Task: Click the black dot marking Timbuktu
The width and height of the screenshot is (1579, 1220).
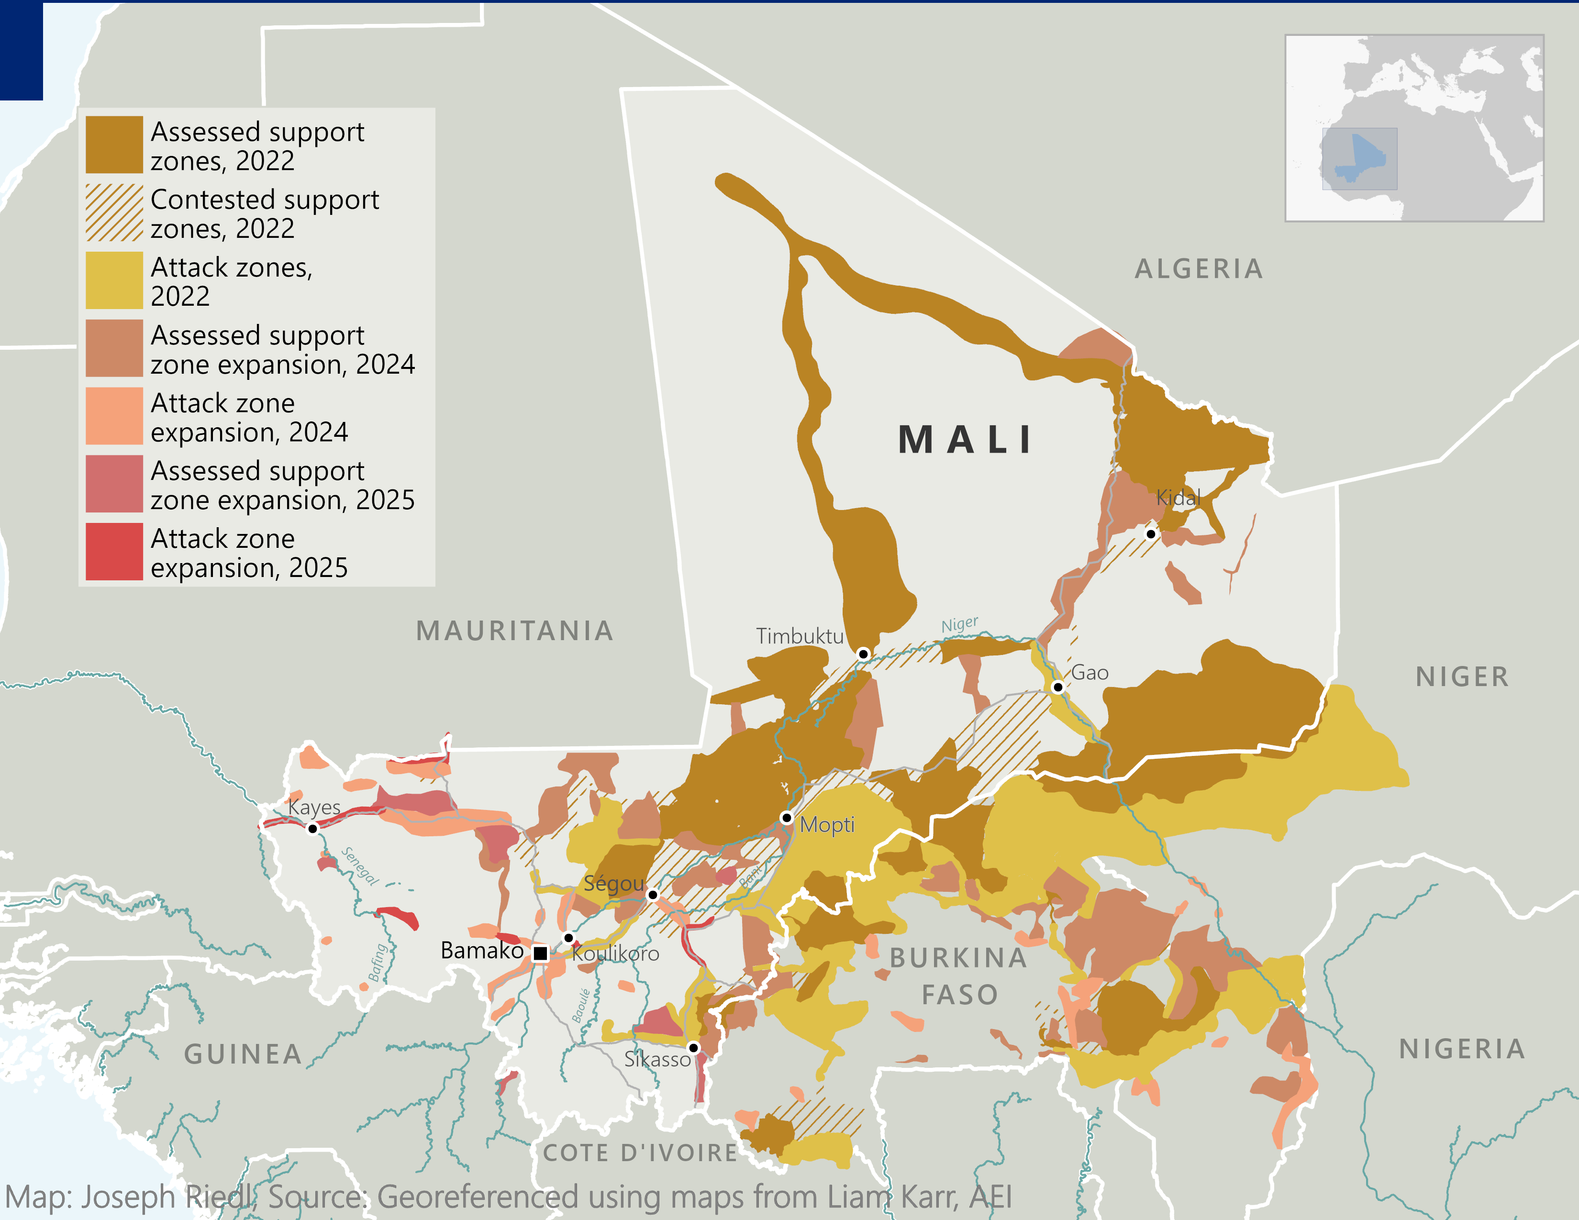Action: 863,654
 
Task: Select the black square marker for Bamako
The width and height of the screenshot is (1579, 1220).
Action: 540,954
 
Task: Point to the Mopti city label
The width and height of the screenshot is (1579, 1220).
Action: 827,825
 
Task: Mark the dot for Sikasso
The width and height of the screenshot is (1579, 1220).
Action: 693,1047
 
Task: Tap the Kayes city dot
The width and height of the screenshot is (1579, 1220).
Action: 312,828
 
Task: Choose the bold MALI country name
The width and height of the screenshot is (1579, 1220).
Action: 966,439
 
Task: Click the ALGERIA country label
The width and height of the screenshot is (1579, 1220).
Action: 1199,269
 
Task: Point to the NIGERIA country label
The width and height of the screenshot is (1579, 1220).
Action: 1462,1049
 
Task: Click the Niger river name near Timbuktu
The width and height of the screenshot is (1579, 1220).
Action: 959,624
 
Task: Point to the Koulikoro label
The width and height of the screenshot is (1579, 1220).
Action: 616,954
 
